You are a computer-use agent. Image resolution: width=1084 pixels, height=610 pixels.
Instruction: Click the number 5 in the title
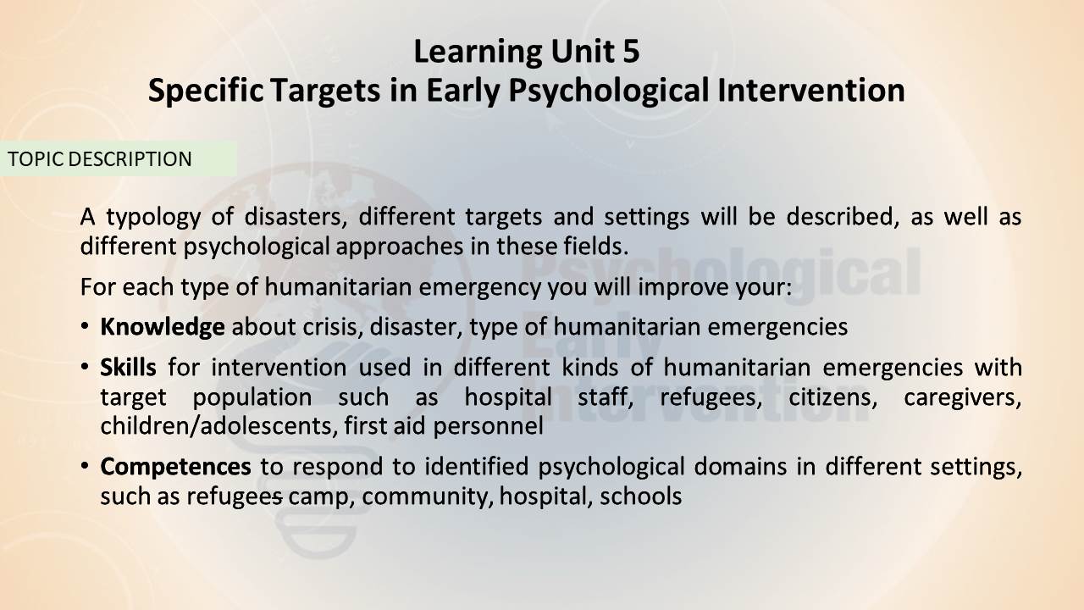pos(631,52)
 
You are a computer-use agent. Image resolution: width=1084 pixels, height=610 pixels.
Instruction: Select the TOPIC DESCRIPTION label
pos(100,159)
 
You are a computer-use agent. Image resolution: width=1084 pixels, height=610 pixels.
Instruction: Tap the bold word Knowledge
pos(162,327)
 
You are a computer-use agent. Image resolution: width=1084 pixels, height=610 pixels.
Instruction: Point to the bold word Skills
pos(128,367)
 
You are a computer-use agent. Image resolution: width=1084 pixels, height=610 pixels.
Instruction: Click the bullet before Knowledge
pos(86,326)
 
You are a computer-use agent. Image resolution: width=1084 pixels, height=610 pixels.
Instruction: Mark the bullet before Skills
pos(86,367)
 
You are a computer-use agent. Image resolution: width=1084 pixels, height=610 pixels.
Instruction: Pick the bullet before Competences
pos(86,466)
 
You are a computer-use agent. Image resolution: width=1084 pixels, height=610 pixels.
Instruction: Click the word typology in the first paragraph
pos(153,218)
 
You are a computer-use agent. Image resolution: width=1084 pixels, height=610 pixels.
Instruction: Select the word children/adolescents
pos(219,426)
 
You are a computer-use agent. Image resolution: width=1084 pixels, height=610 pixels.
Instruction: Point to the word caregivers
pos(963,398)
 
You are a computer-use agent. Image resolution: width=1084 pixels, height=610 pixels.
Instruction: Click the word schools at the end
pos(641,496)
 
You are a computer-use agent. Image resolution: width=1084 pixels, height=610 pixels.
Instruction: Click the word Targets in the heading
pos(325,91)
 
